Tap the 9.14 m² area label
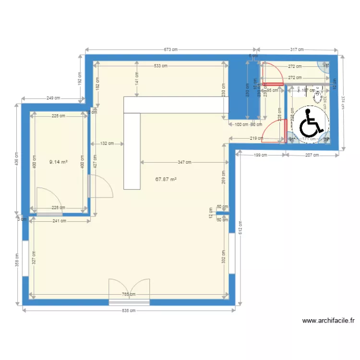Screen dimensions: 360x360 (x=59, y=162)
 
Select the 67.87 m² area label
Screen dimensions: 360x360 (x=166, y=180)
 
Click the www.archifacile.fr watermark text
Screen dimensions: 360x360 (x=329, y=321)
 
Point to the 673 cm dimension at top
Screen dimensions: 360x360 (x=171, y=49)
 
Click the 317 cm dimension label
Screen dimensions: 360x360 (x=298, y=49)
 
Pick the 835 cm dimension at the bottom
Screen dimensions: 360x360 (x=129, y=311)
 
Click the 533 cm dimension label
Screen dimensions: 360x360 (x=160, y=66)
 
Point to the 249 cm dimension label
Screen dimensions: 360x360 (x=53, y=98)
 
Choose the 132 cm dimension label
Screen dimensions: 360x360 (x=107, y=143)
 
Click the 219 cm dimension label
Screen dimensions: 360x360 (x=256, y=139)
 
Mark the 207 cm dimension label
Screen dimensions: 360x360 (x=312, y=155)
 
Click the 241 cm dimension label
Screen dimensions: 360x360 (x=60, y=221)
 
